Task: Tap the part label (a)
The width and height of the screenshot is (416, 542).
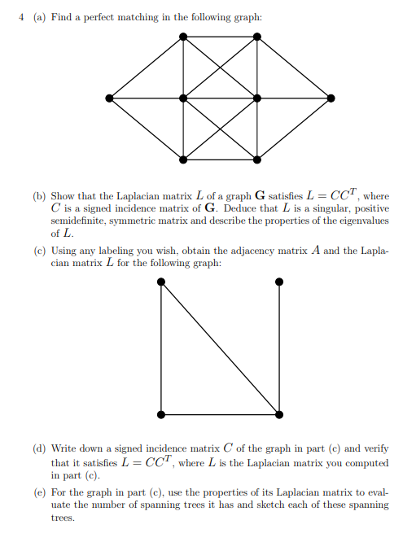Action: [x=38, y=17]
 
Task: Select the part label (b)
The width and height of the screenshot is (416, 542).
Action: [x=39, y=196]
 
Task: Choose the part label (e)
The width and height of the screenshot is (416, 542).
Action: [x=39, y=493]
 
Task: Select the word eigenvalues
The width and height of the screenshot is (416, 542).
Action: [x=360, y=221]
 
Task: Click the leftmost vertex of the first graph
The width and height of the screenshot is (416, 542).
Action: [x=109, y=98]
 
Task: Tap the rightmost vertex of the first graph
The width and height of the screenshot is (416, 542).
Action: [x=331, y=98]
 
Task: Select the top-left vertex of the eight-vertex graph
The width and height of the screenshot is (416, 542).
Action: [x=183, y=37]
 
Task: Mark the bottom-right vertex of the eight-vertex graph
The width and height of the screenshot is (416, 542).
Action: [x=257, y=158]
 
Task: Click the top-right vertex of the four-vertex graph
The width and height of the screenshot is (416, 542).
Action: [x=279, y=282]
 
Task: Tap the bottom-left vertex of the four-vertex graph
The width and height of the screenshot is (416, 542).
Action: [x=162, y=414]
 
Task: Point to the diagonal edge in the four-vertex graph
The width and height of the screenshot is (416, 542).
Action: [x=221, y=348]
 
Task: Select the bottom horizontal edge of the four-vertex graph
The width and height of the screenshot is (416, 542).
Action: [x=221, y=414]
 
